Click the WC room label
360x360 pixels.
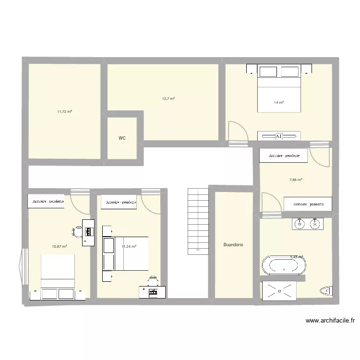click(x=122, y=138)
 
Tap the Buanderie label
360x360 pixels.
click(x=233, y=245)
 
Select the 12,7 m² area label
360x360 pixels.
click(x=168, y=98)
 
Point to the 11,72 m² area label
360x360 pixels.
click(x=64, y=111)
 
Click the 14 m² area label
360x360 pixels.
click(x=278, y=103)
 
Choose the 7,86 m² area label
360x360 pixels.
click(x=296, y=180)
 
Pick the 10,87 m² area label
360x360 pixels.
click(x=59, y=247)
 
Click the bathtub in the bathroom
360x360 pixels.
click(x=284, y=265)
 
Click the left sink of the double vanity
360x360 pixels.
click(x=300, y=224)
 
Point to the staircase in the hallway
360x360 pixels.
click(x=198, y=221)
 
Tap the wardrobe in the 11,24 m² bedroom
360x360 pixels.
click(x=119, y=202)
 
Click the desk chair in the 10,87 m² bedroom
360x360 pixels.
click(x=77, y=231)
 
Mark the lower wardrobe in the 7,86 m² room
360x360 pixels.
click(x=308, y=204)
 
